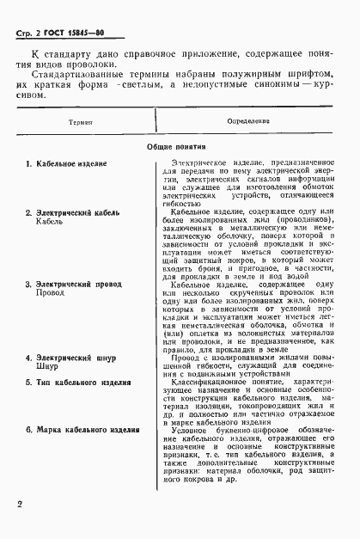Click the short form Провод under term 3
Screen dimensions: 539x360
pos(51,317)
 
